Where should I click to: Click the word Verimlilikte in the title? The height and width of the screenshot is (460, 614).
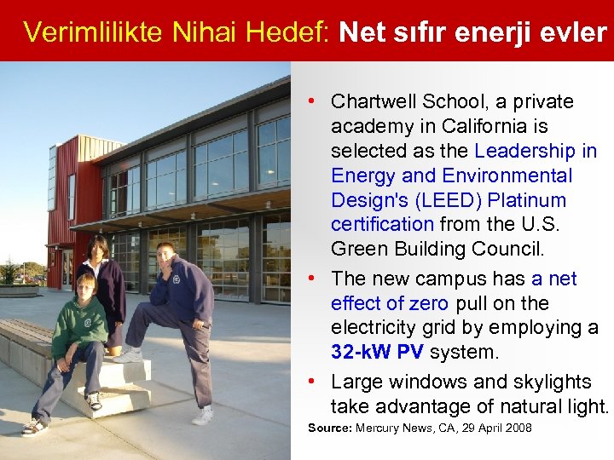tap(94, 32)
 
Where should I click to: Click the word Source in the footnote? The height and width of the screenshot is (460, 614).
tap(327, 428)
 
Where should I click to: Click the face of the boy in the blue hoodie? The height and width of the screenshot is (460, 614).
tap(166, 256)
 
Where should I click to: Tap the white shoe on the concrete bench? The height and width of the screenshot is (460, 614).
tap(128, 355)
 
